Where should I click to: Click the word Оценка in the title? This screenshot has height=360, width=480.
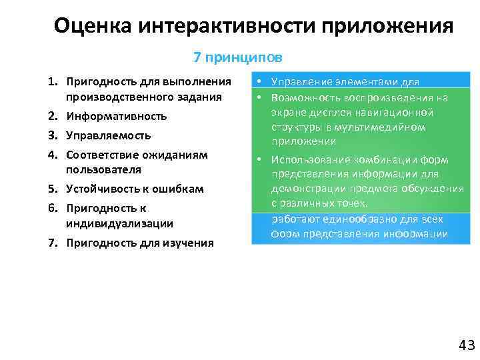pos(94,26)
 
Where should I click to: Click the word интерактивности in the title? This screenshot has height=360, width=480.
pos(229,26)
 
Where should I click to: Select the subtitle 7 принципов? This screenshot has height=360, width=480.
pos(237,58)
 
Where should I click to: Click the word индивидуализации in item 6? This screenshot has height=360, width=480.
pos(119,223)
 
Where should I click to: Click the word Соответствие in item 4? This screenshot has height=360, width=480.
pos(103,155)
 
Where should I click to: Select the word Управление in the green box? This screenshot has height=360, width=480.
pos(302,83)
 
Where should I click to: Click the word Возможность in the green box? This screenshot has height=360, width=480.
pos(307,97)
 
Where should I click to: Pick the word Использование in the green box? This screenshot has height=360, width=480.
pos(312,160)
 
